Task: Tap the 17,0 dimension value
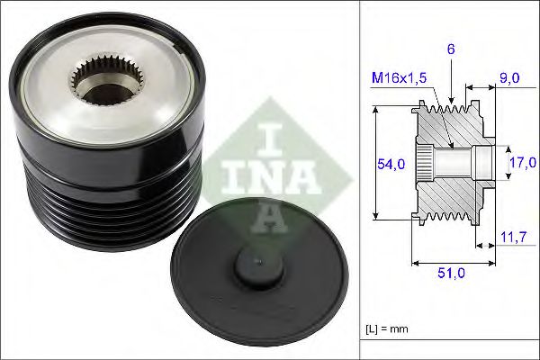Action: (524, 162)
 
